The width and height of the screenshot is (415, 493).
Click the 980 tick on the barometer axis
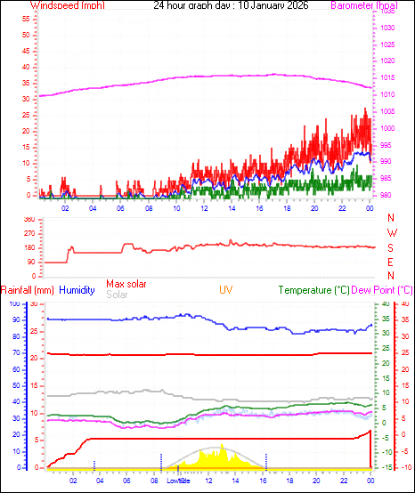[385, 196]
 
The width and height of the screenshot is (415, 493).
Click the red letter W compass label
[391, 232]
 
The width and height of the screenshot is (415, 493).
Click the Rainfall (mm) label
[28, 290]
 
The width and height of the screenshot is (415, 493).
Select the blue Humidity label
[77, 290]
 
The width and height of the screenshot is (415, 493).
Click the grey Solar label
[117, 295]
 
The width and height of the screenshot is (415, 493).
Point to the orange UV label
[226, 290]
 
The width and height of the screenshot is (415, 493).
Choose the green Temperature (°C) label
[313, 290]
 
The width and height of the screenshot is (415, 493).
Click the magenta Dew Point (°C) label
[382, 290]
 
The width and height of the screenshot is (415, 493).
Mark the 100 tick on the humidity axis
[12, 304]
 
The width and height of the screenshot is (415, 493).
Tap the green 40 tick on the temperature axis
[385, 304]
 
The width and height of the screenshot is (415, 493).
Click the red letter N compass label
[391, 218]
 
